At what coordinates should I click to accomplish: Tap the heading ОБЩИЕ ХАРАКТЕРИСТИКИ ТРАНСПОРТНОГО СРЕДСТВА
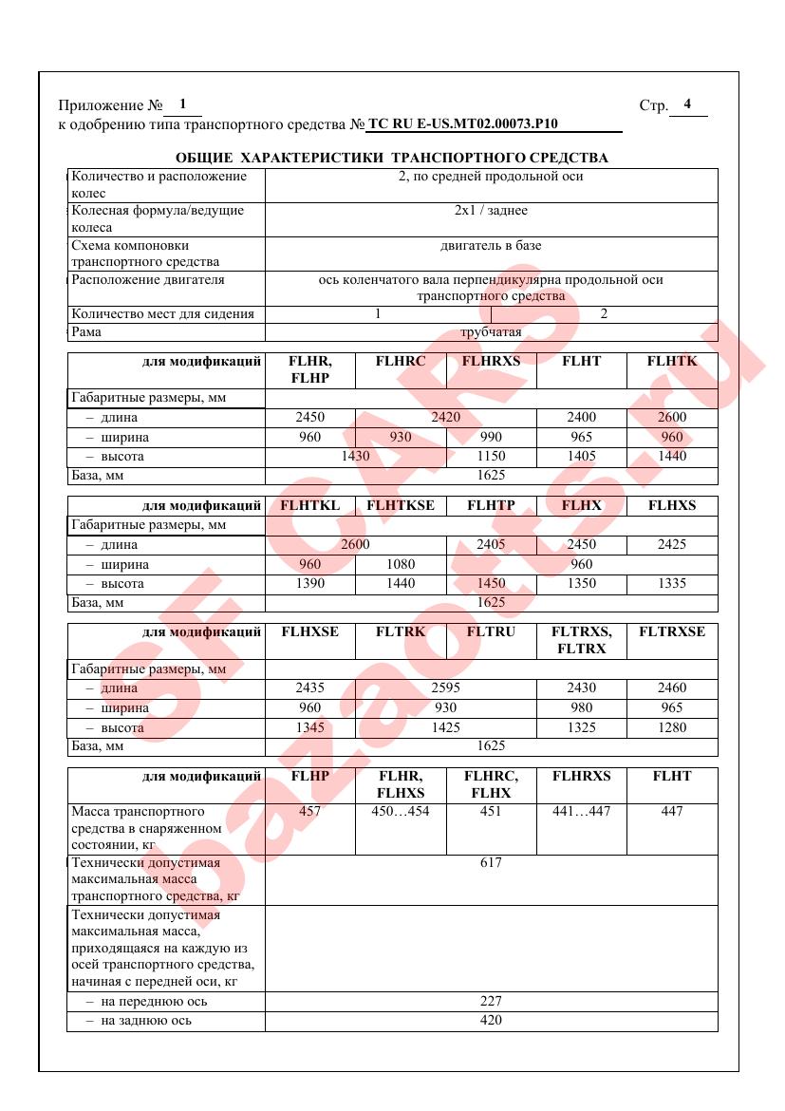click(392, 158)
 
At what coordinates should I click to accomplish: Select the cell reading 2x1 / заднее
click(491, 211)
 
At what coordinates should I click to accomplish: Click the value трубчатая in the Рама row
click(491, 332)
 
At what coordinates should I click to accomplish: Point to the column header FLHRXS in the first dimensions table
click(491, 362)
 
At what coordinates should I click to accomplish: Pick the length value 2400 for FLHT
click(581, 417)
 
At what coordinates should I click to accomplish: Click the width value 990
click(491, 437)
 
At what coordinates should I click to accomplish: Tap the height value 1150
click(491, 456)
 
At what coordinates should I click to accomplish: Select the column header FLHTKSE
click(401, 505)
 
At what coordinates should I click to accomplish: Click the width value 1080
click(401, 565)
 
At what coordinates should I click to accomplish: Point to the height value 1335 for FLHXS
click(671, 584)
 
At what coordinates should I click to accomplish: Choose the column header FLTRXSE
click(671, 631)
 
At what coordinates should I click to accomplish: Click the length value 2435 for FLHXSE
click(309, 688)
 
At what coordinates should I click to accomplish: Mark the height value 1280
click(671, 728)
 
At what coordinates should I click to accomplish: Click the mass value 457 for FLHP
click(309, 811)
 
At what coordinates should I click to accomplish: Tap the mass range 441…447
click(581, 811)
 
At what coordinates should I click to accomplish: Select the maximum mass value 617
click(491, 862)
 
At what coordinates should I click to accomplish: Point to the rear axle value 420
click(491, 1021)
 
